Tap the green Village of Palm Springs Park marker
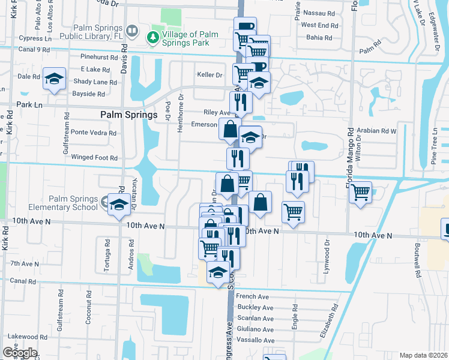coord(153,37)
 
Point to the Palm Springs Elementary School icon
coord(118,205)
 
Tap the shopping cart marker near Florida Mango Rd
coord(360,193)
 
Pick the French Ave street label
coord(252,297)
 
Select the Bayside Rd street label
coord(89,94)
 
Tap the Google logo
coord(20,352)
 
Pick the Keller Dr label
coord(209,76)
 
